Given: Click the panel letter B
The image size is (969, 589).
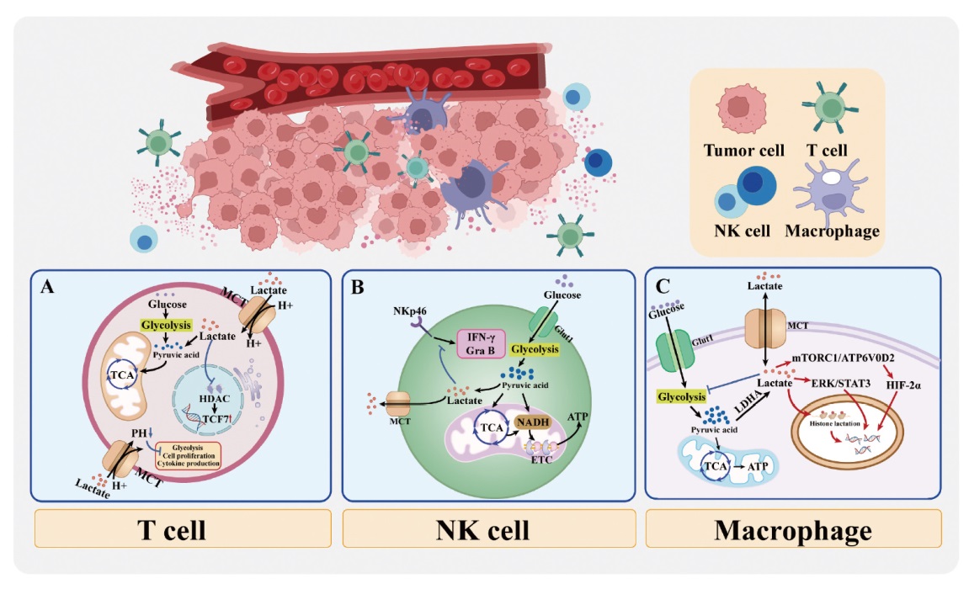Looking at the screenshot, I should click(x=358, y=287).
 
